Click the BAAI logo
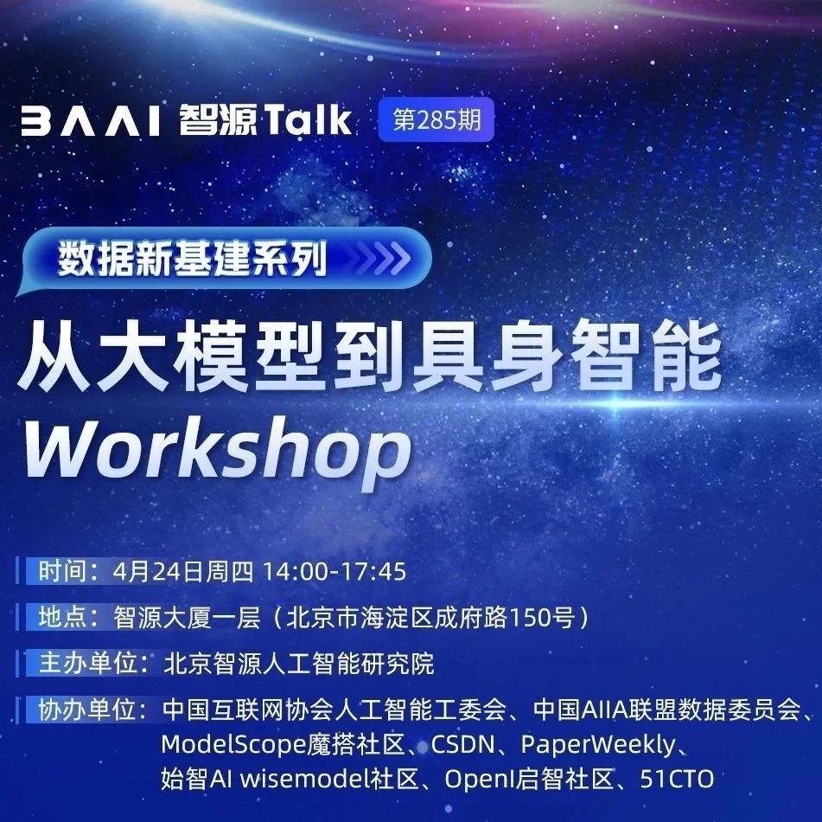[x=90, y=122]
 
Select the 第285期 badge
[x=436, y=119]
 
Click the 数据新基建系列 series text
[x=193, y=258]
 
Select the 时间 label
[x=62, y=571]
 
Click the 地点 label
[x=62, y=617]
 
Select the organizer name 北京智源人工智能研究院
[x=299, y=664]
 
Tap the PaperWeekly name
[x=598, y=745]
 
